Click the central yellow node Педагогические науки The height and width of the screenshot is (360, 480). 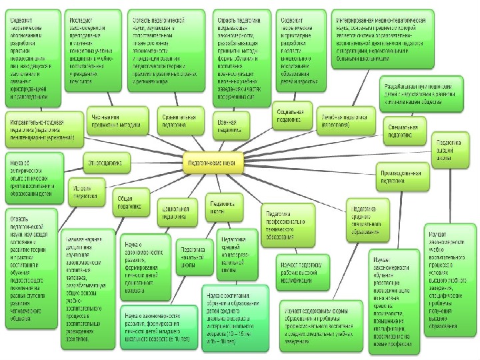point(214,162)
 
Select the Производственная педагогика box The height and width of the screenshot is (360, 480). point(401,176)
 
